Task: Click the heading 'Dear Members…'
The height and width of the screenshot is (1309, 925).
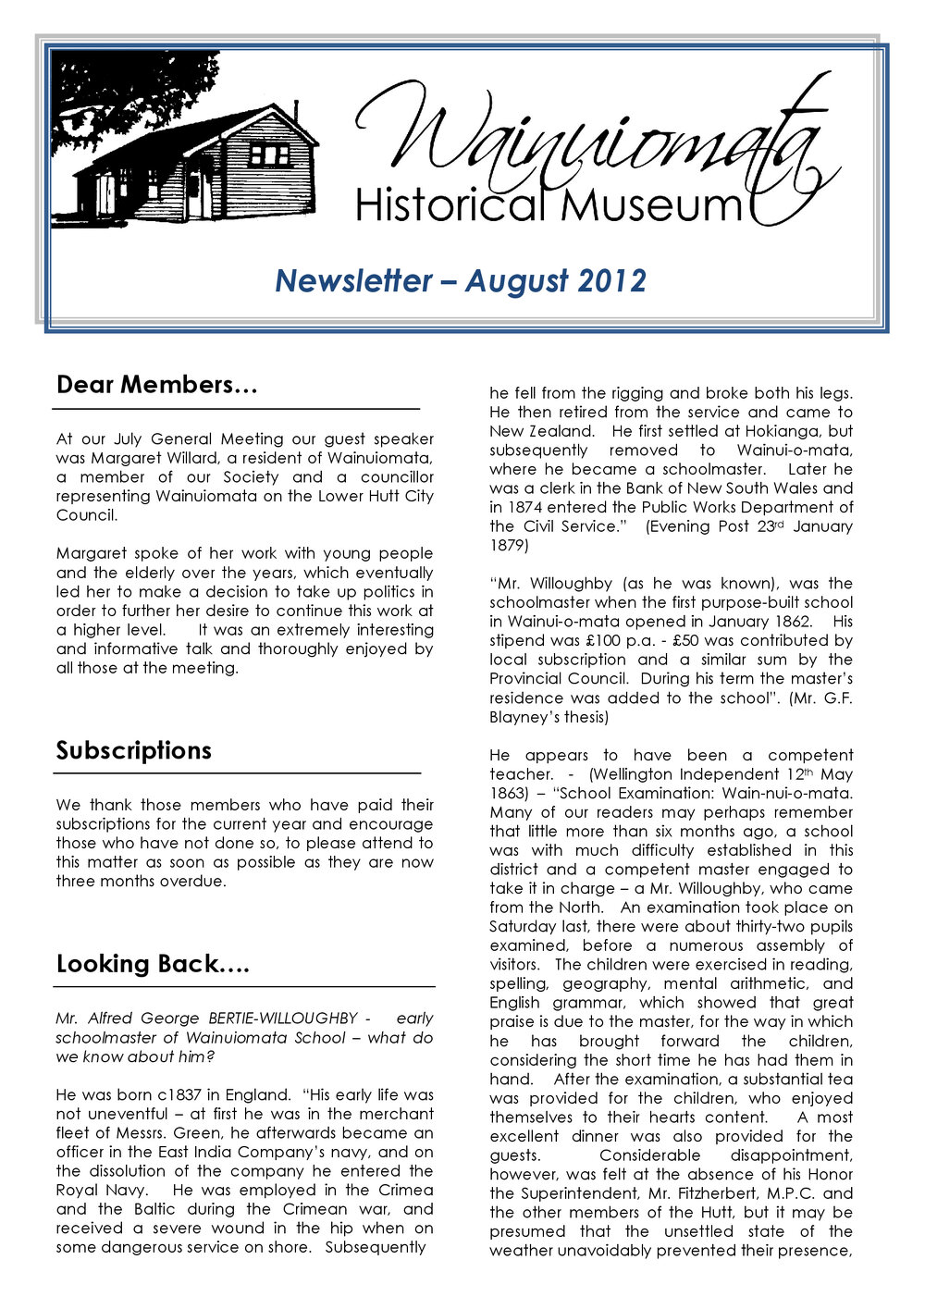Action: tap(156, 385)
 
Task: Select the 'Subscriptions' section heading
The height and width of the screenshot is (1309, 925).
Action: tap(133, 750)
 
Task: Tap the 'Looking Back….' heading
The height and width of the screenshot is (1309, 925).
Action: tap(153, 964)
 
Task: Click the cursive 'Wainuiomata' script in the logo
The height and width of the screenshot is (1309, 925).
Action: tap(592, 139)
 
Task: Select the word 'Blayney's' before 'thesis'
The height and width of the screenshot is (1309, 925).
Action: tap(524, 717)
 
